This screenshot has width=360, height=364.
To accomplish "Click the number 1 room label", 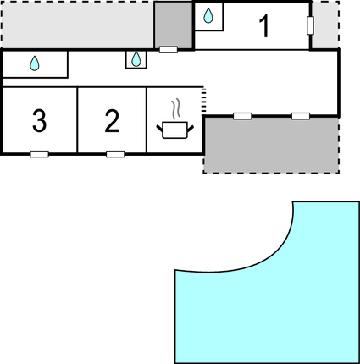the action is coord(264,26).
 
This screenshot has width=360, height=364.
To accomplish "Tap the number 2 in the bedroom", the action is coord(112,121).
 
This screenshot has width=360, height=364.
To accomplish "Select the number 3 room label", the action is coord(39,121).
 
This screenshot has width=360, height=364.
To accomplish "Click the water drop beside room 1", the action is coord(208,16).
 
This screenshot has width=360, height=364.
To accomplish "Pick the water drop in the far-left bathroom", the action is coord(35,63).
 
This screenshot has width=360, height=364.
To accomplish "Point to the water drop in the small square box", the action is coord(136,59).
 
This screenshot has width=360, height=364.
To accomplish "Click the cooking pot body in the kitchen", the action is coord(175,130).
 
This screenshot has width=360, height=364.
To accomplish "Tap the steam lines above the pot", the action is coord(175,108).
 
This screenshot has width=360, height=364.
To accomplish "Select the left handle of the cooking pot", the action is coord(160,129).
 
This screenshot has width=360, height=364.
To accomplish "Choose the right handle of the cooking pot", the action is coord(191,129).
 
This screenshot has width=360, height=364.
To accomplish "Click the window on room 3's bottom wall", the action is coord(40,154).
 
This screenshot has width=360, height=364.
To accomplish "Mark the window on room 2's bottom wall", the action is coord(115,154).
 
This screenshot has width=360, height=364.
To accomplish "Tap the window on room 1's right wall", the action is coord(310,25).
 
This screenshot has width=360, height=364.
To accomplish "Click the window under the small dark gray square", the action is coord(169,50).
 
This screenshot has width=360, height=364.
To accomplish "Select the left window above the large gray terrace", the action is coord(242,116).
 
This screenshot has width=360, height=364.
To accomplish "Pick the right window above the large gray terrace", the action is coord(301,116).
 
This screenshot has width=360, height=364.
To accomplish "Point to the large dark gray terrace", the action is coord(271,146).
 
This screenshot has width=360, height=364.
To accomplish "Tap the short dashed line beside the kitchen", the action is coord(203,102).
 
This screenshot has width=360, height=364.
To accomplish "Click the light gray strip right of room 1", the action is coord(325,25).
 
